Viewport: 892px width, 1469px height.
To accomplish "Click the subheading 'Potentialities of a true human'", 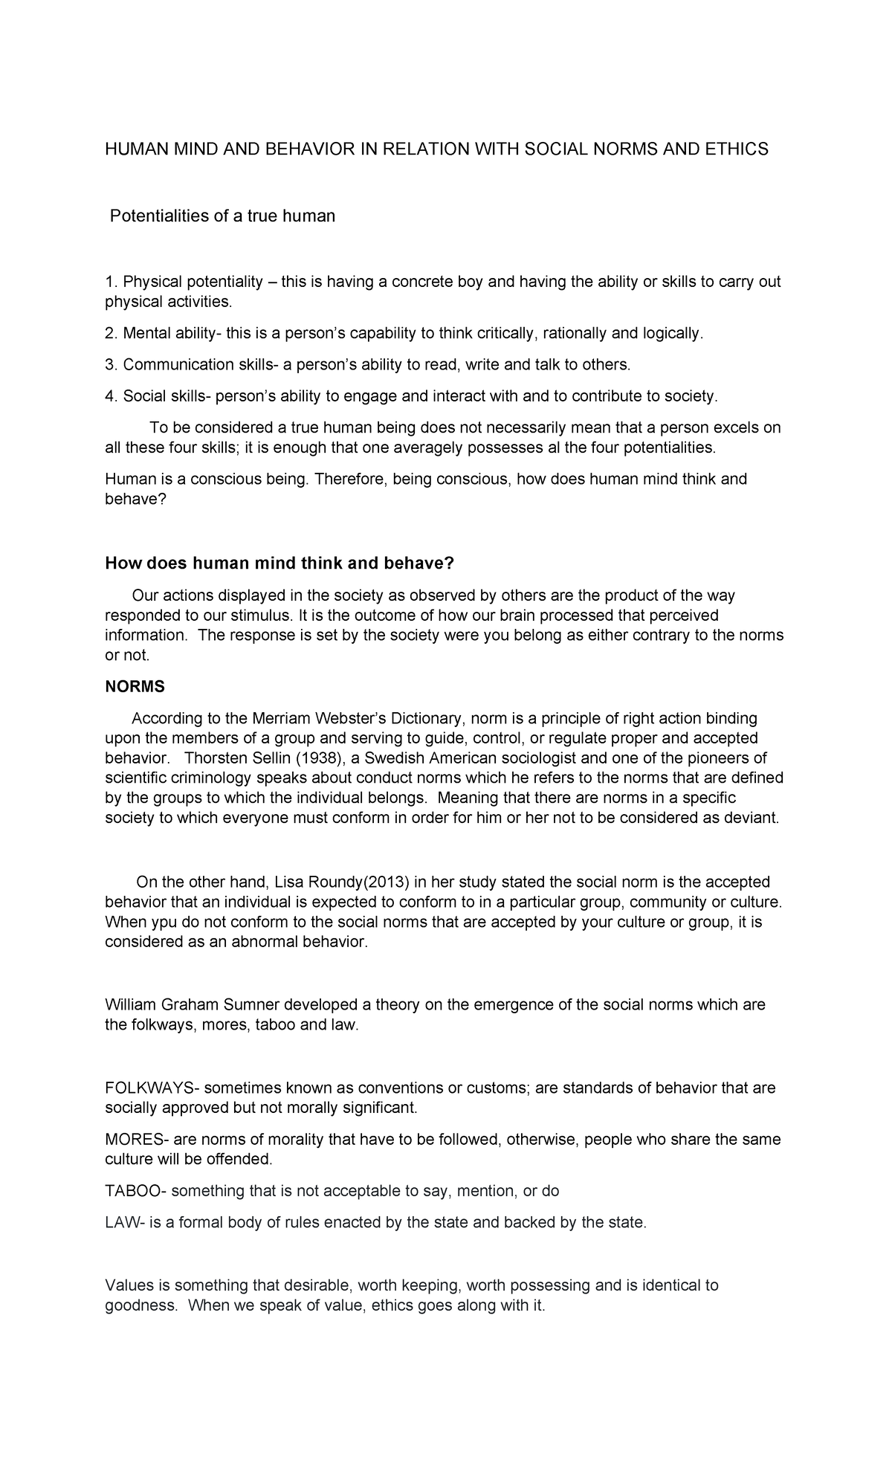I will click(222, 216).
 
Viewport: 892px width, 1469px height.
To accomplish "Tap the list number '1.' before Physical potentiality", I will click(111, 282).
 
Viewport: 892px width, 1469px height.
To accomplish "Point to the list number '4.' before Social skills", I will click(111, 396).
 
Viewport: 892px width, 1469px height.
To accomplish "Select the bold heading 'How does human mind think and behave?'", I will click(279, 564).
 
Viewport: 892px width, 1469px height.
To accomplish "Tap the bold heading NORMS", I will click(135, 687).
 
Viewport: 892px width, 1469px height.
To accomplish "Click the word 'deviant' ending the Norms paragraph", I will click(752, 819).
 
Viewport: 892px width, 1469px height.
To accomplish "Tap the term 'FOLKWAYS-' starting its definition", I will click(152, 1088).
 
